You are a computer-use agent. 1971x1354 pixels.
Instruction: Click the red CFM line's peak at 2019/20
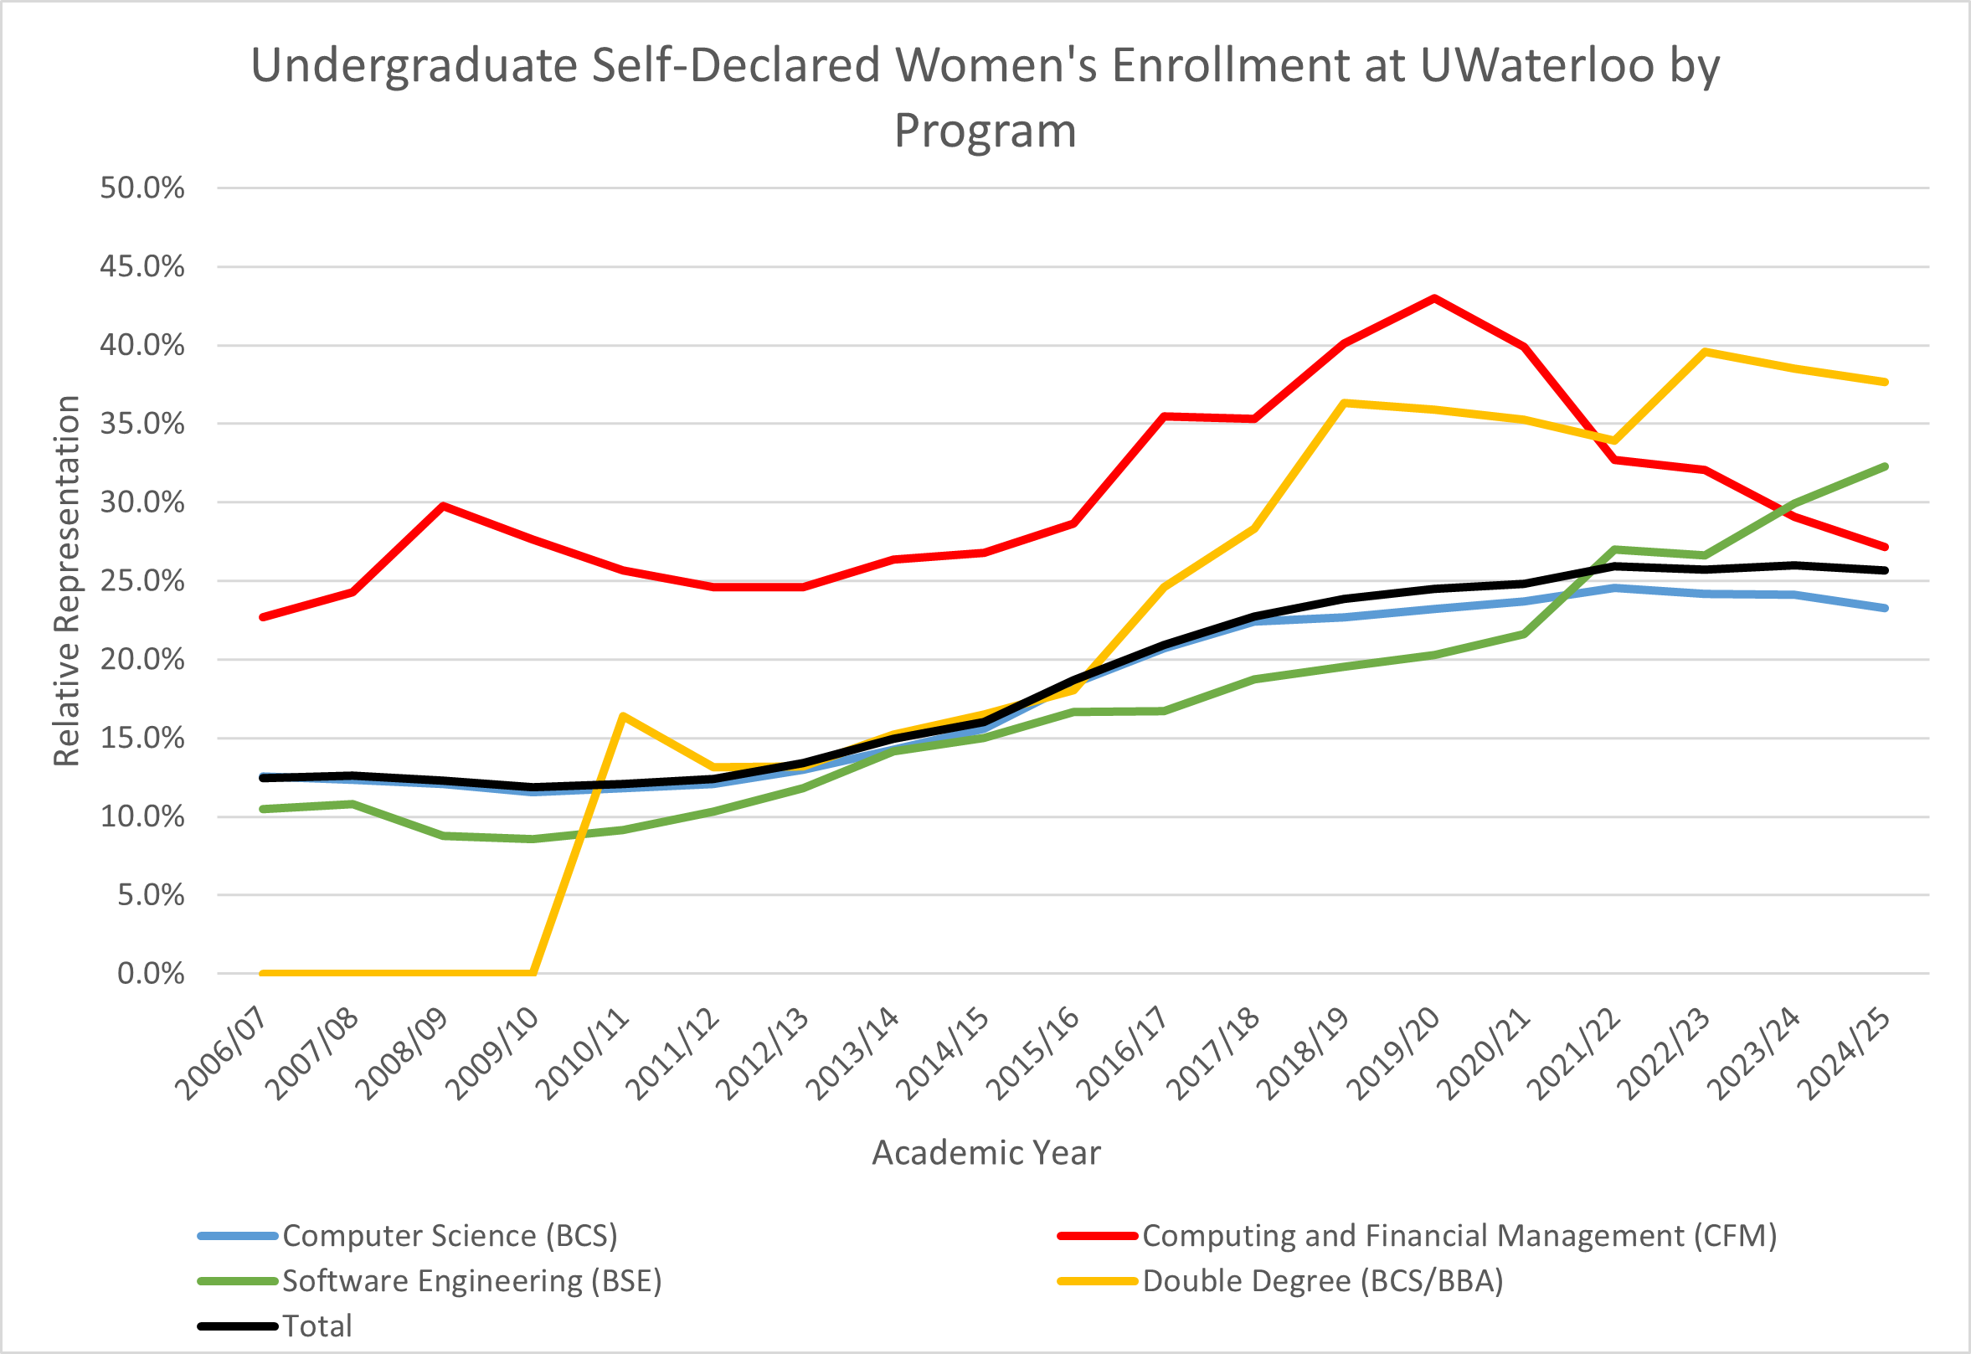[x=1434, y=298]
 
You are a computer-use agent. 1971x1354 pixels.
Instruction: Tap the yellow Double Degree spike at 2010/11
[x=622, y=716]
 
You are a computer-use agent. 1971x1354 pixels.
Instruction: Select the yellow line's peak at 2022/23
[x=1705, y=351]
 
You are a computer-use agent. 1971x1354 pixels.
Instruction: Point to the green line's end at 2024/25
[x=1885, y=466]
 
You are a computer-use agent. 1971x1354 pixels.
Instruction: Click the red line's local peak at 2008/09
[x=443, y=506]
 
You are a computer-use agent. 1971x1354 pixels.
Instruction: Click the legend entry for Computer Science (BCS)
[x=450, y=1236]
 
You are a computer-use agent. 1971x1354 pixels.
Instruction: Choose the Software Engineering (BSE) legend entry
[x=471, y=1281]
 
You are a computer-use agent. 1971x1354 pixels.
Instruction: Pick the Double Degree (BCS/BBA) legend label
[x=1322, y=1281]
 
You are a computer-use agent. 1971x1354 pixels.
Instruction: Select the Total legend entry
[x=316, y=1326]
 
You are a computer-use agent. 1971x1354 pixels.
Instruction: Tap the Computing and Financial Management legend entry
[x=1459, y=1236]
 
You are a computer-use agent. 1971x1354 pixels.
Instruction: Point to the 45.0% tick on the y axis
[x=142, y=267]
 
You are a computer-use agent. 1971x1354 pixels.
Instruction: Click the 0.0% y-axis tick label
[x=150, y=974]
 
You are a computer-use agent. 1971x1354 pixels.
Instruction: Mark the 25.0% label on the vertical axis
[x=142, y=581]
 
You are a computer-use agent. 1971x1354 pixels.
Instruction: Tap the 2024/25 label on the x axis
[x=1845, y=1053]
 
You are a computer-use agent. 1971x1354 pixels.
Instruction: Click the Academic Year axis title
[x=985, y=1153]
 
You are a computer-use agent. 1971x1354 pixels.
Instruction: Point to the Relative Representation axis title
[x=66, y=581]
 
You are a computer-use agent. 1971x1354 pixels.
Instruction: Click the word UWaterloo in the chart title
[x=1536, y=65]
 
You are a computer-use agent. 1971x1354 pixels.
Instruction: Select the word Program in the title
[x=985, y=131]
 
